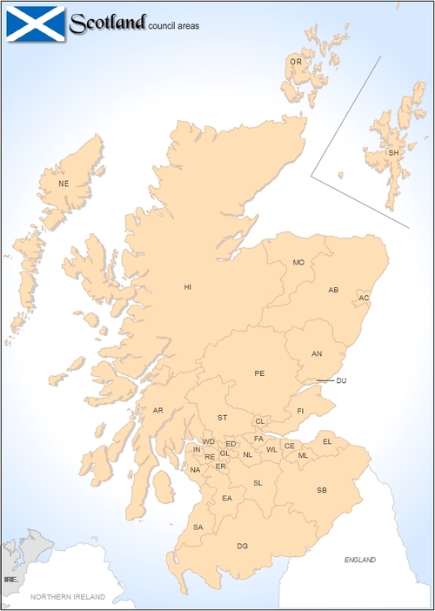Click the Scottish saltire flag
click(x=35, y=23)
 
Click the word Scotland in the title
click(x=107, y=23)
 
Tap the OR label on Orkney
click(x=296, y=62)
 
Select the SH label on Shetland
click(x=393, y=153)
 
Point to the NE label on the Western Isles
click(x=63, y=184)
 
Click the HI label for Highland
click(x=187, y=286)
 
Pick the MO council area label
click(x=298, y=262)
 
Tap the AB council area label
click(x=333, y=290)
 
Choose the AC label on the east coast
click(x=365, y=299)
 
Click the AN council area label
click(x=317, y=353)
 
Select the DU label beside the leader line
click(x=341, y=380)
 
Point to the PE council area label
click(x=259, y=373)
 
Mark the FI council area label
click(x=300, y=410)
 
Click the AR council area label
click(x=157, y=410)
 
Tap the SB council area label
click(x=322, y=490)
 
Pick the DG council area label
click(x=243, y=546)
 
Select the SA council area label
click(x=198, y=527)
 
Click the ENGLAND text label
click(x=359, y=559)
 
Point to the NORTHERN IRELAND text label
click(x=68, y=597)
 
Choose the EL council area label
click(x=327, y=441)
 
